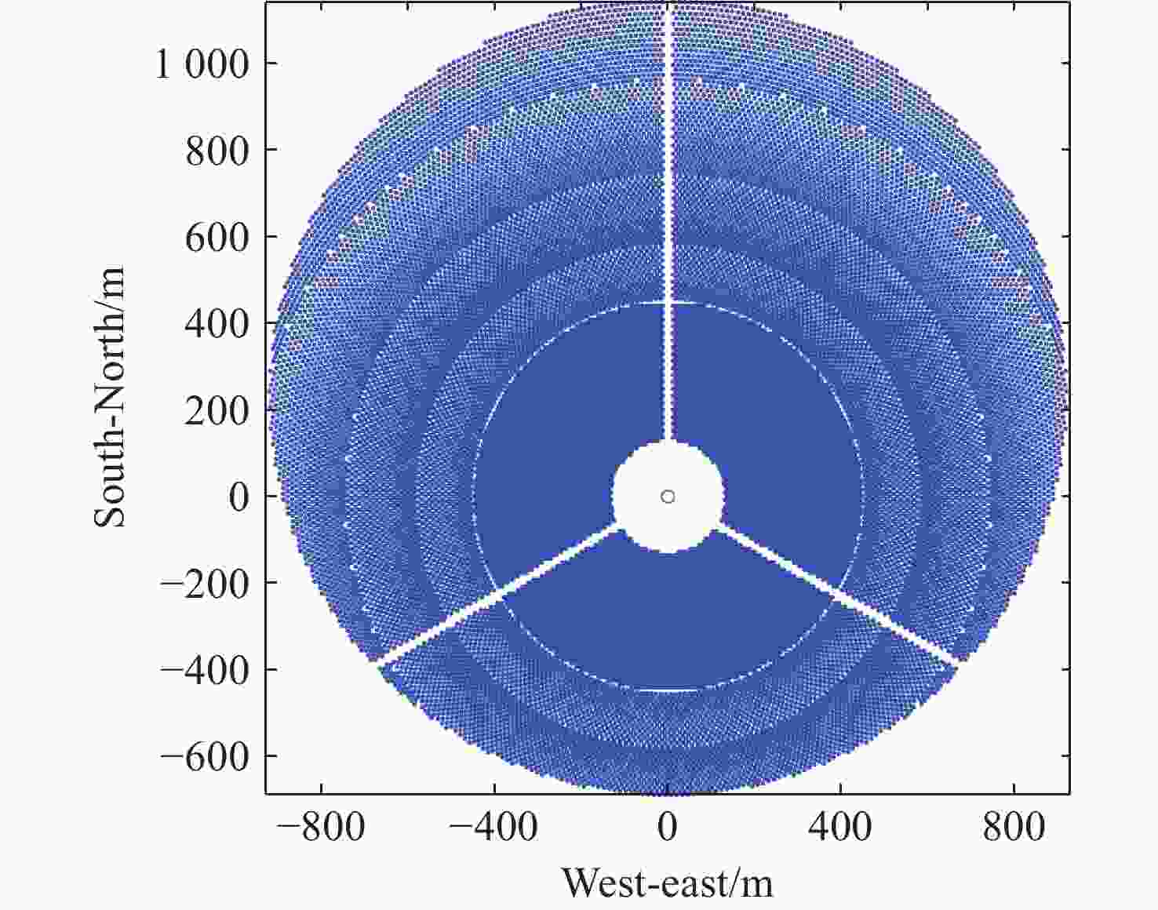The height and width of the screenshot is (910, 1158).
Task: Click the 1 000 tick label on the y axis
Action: (202, 64)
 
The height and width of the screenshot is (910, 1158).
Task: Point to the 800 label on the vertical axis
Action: (217, 151)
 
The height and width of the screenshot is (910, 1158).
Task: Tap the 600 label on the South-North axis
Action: (217, 237)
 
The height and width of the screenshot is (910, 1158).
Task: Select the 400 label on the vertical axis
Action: (217, 323)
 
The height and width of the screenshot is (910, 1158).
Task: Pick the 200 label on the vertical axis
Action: (217, 410)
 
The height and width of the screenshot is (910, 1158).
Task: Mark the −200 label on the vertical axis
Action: (205, 583)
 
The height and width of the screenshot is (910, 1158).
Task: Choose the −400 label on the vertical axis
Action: (205, 670)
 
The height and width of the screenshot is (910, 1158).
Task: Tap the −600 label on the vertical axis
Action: (205, 756)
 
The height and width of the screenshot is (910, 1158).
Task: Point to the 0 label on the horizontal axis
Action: (668, 827)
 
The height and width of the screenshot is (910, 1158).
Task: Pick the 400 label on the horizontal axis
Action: (840, 827)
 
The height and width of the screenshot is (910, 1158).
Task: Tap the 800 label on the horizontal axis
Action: (1014, 827)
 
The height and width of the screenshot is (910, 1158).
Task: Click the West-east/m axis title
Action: (668, 883)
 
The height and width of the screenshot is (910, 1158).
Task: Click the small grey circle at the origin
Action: (668, 497)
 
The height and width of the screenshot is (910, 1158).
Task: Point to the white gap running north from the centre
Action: (668, 235)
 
